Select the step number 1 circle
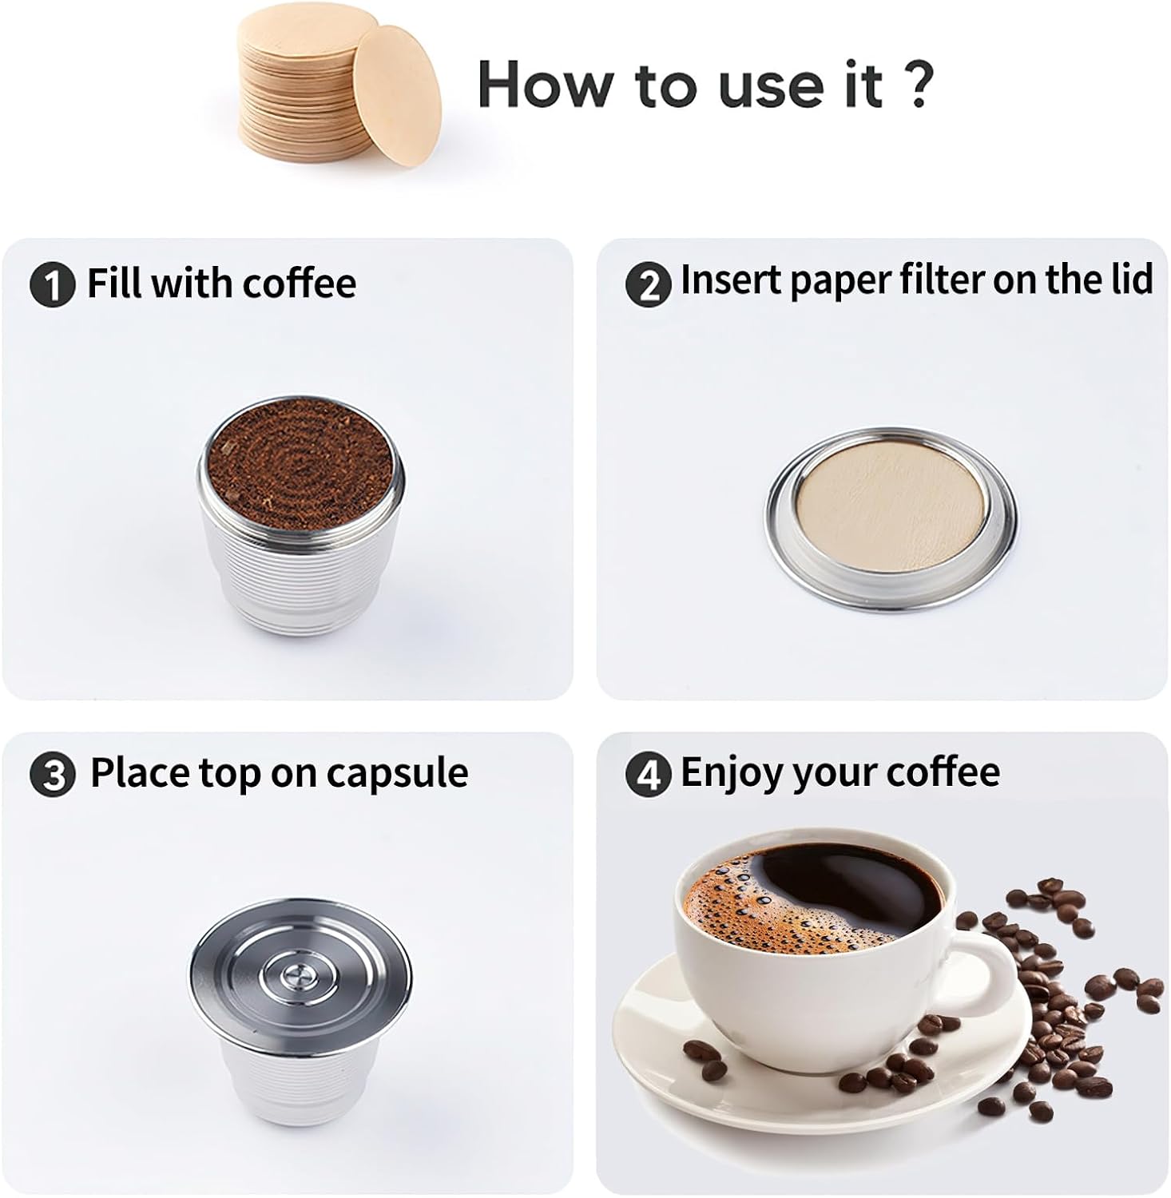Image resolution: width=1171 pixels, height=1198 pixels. click(x=52, y=285)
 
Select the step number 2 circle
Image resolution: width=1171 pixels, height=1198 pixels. click(x=648, y=285)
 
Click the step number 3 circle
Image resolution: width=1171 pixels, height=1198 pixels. click(x=53, y=775)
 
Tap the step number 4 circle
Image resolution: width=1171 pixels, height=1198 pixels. click(x=648, y=774)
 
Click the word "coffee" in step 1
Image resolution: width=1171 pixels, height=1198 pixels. click(x=300, y=284)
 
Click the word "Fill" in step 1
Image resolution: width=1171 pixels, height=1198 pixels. click(x=114, y=284)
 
